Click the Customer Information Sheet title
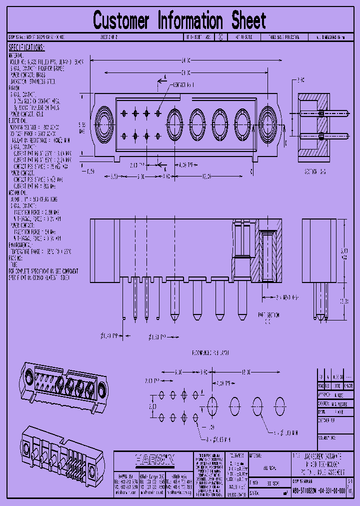179,21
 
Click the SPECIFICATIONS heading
26,47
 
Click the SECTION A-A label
315,171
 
